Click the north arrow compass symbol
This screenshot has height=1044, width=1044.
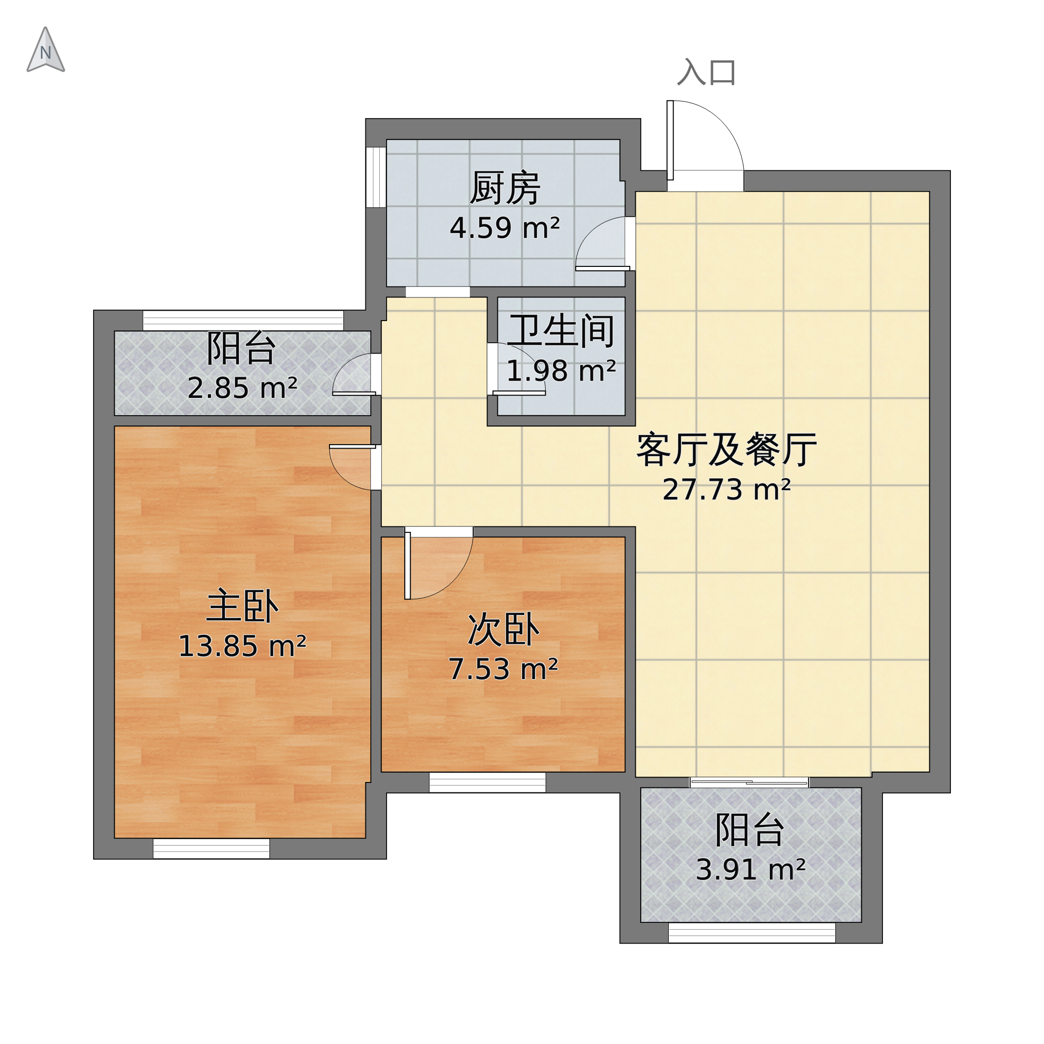(46, 51)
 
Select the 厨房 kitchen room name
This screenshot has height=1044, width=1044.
(505, 189)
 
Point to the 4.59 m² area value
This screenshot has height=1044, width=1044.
(505, 228)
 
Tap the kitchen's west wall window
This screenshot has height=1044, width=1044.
(376, 177)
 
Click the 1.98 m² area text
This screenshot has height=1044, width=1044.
(561, 371)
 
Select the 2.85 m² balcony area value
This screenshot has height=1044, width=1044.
(242, 388)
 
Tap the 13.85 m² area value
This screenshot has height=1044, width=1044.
(242, 646)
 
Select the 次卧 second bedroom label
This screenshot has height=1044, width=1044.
(504, 629)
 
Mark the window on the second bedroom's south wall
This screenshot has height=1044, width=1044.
(488, 783)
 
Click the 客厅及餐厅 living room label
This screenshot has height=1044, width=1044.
(726, 450)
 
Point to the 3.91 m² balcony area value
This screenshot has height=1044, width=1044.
(750, 870)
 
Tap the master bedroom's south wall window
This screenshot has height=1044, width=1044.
(211, 848)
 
